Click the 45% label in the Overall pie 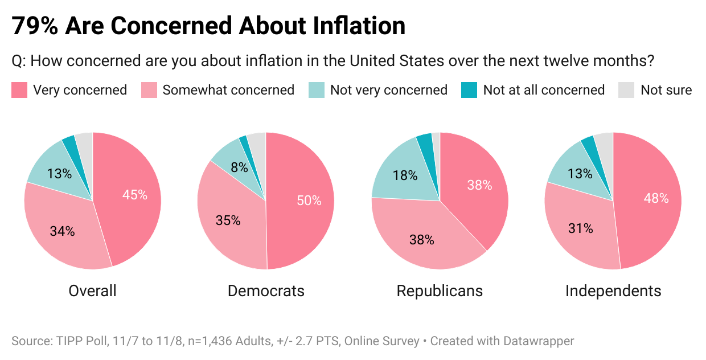(135, 195)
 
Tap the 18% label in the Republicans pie (405, 175)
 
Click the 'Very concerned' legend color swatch (19, 90)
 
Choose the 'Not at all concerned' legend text (544, 90)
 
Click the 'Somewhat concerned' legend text (228, 90)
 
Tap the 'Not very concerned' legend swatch (316, 90)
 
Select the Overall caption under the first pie (92, 291)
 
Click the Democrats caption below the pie (266, 291)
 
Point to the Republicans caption (440, 291)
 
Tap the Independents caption (613, 291)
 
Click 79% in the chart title (35, 26)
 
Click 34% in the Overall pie (62, 231)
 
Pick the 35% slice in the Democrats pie (228, 220)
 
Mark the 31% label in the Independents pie (580, 228)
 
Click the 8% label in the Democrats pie (240, 167)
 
